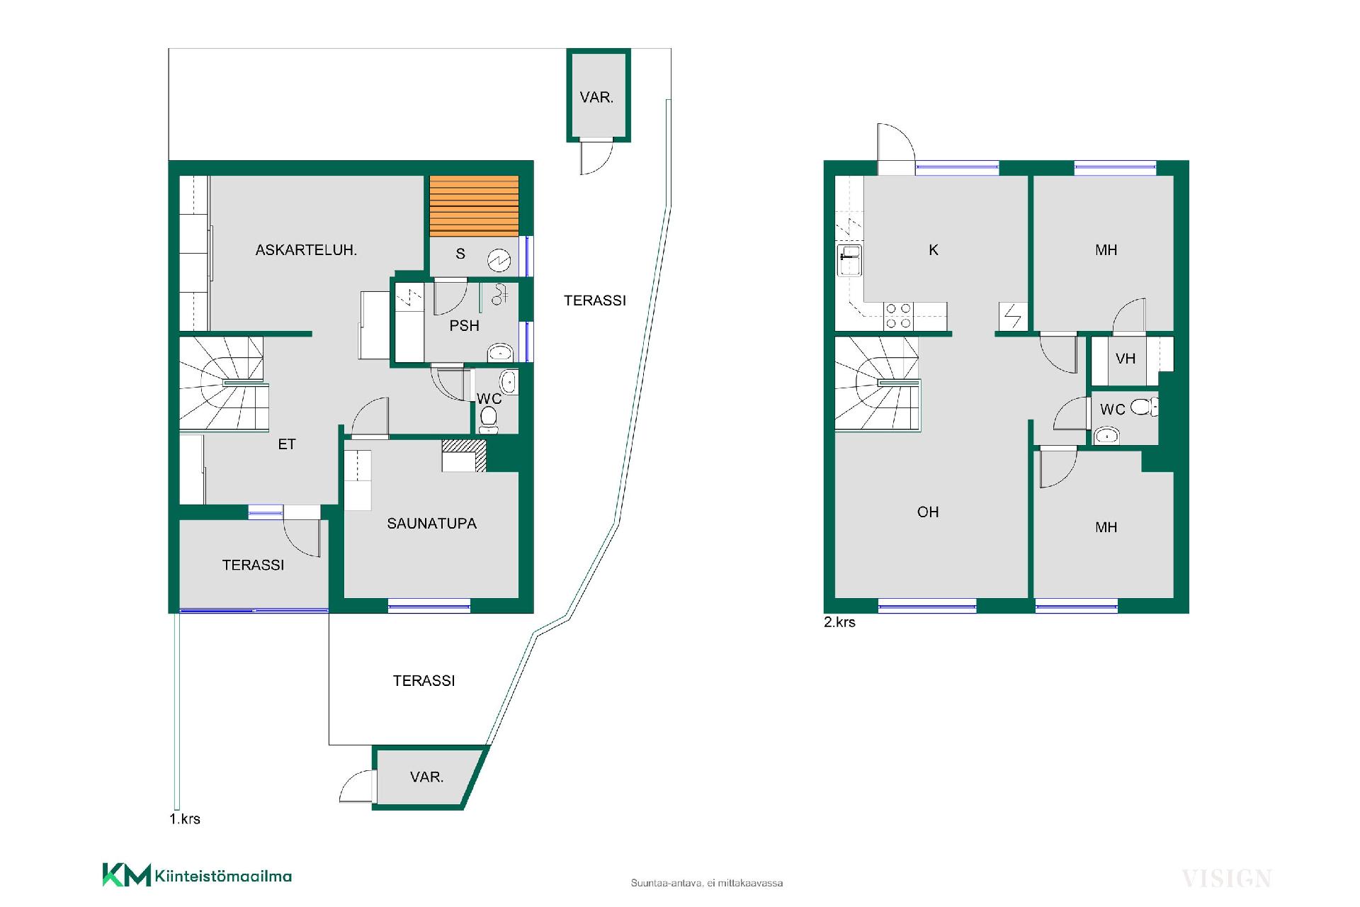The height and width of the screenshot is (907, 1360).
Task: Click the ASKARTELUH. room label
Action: pyautogui.click(x=306, y=250)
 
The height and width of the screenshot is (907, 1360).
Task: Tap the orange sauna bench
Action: pyautogui.click(x=474, y=206)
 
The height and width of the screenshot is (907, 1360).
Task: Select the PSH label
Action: pyautogui.click(x=465, y=326)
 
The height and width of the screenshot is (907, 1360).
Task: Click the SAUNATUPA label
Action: pyautogui.click(x=431, y=524)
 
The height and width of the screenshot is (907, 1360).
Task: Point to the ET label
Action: pyautogui.click(x=287, y=444)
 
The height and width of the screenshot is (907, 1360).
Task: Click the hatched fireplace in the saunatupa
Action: pyautogui.click(x=465, y=456)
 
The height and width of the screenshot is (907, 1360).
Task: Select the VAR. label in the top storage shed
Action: pyautogui.click(x=596, y=98)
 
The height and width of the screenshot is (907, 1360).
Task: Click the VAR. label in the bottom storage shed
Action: pyautogui.click(x=426, y=777)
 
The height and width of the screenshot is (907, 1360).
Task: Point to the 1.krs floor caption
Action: pyautogui.click(x=185, y=819)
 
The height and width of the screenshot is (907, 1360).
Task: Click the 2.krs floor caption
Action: pyautogui.click(x=839, y=622)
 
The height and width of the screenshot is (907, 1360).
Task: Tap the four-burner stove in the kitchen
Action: pyautogui.click(x=898, y=316)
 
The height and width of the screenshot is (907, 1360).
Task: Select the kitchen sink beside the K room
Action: pyautogui.click(x=849, y=260)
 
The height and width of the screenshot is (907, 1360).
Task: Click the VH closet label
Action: pyautogui.click(x=1126, y=359)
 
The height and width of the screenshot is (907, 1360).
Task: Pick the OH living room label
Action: pyautogui.click(x=928, y=512)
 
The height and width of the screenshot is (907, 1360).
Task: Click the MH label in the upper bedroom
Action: pyautogui.click(x=1106, y=250)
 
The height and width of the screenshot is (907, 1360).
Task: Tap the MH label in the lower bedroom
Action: pyautogui.click(x=1106, y=527)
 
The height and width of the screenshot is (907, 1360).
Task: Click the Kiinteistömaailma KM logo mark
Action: pyautogui.click(x=127, y=874)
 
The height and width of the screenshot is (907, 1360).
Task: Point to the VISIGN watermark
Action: pyautogui.click(x=1227, y=879)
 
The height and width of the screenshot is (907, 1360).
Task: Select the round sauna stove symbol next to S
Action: pyautogui.click(x=499, y=261)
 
